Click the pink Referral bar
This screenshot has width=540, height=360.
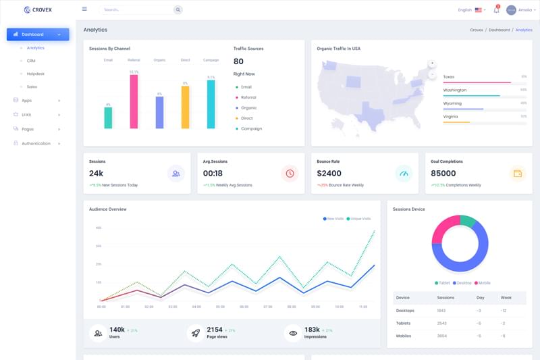pyautogui.click(x=134, y=101)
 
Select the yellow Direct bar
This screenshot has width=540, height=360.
pyautogui.click(x=185, y=107)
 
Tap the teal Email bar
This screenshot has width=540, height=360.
pyautogui.click(x=108, y=118)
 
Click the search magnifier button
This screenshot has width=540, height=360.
pyautogui.click(x=178, y=9)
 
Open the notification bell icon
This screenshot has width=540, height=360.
pyautogui.click(x=496, y=10)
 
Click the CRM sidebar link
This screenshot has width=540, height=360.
pyautogui.click(x=31, y=61)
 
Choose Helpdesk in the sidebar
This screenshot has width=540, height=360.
pyautogui.click(x=36, y=74)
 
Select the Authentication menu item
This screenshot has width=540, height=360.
pyautogui.click(x=36, y=143)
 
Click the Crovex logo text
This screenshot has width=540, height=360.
pyautogui.click(x=43, y=10)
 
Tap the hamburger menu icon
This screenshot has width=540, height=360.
pyautogui.click(x=84, y=9)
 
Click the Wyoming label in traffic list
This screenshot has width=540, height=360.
pyautogui.click(x=452, y=103)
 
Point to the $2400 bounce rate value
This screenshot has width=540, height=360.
pyautogui.click(x=329, y=174)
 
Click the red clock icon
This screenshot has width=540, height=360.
pyautogui.click(x=290, y=174)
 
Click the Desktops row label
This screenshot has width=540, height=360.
pyautogui.click(x=405, y=311)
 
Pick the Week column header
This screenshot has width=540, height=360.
pyautogui.click(x=506, y=298)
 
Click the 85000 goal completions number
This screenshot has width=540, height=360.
pyautogui.click(x=443, y=174)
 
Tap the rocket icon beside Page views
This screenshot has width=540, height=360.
pyautogui.click(x=196, y=332)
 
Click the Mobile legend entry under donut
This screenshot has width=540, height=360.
pyautogui.click(x=483, y=283)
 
